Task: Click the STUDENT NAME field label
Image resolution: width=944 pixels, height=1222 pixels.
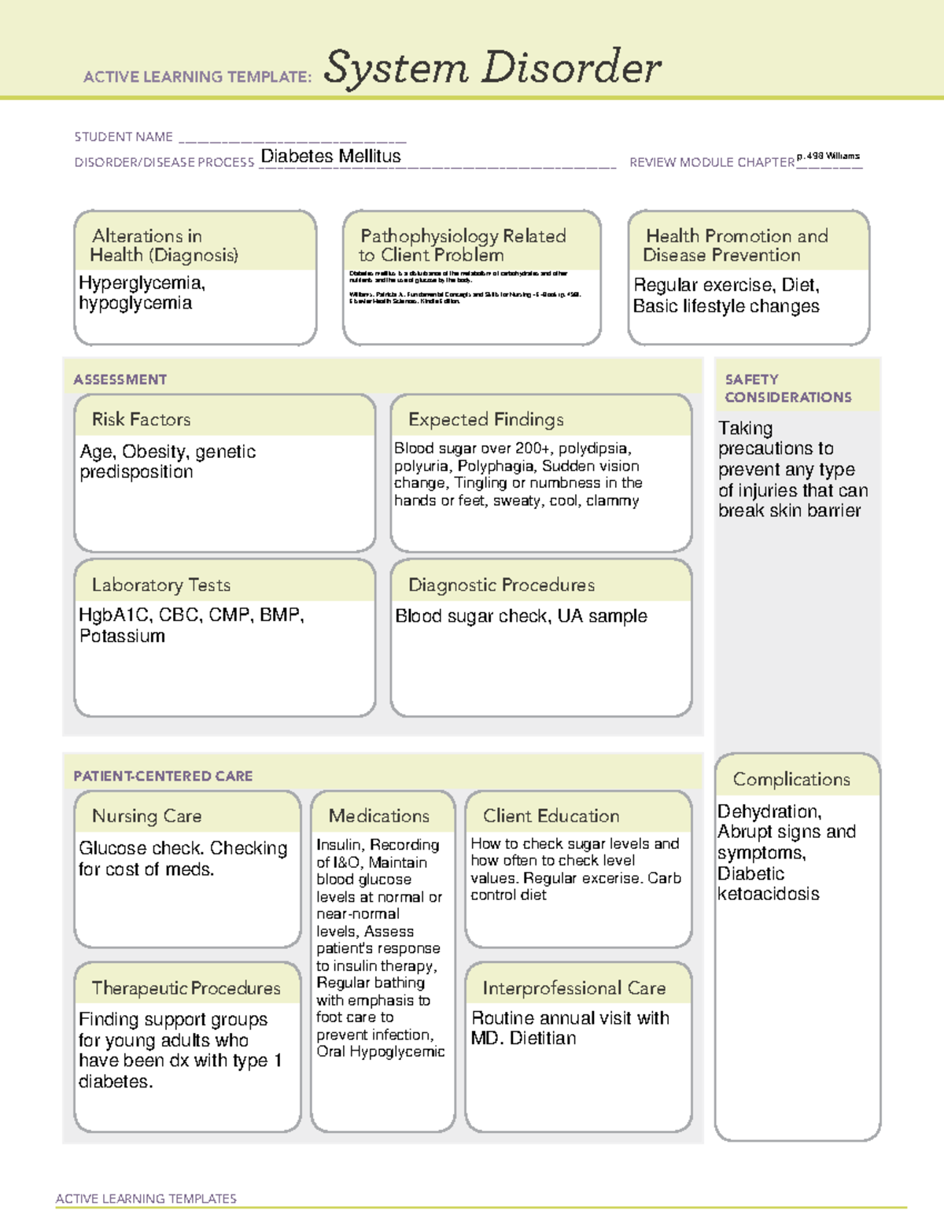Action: coord(124,137)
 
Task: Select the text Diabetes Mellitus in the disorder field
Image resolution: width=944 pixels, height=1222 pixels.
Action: coord(330,157)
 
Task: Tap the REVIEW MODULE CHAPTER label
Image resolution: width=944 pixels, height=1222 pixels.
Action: coord(711,162)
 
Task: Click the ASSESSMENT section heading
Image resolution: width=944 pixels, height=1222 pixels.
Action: coord(120,379)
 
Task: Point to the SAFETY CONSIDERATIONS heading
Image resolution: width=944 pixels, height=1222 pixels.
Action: coord(787,388)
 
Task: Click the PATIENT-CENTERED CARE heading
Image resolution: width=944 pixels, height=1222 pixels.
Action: coord(163,776)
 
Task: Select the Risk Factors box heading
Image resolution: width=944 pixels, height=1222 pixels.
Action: coord(141,419)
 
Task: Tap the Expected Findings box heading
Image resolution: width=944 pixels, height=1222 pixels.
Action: coord(485,419)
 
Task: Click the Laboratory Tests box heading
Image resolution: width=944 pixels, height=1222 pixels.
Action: coord(160,585)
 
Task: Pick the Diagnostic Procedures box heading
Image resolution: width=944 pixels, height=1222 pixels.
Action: coord(501,585)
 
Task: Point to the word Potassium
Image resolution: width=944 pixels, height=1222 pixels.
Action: coord(122,636)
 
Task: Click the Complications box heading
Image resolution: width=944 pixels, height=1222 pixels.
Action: coord(791,779)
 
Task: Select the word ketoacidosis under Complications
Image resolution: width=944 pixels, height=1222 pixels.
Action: coord(768,894)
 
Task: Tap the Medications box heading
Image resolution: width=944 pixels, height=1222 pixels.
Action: coord(378,816)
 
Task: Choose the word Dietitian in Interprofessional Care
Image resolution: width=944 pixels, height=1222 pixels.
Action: coord(543,1039)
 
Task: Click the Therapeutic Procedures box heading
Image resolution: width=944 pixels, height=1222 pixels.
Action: coord(186,988)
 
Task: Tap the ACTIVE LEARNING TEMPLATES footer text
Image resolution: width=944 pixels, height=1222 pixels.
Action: coord(146,1198)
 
